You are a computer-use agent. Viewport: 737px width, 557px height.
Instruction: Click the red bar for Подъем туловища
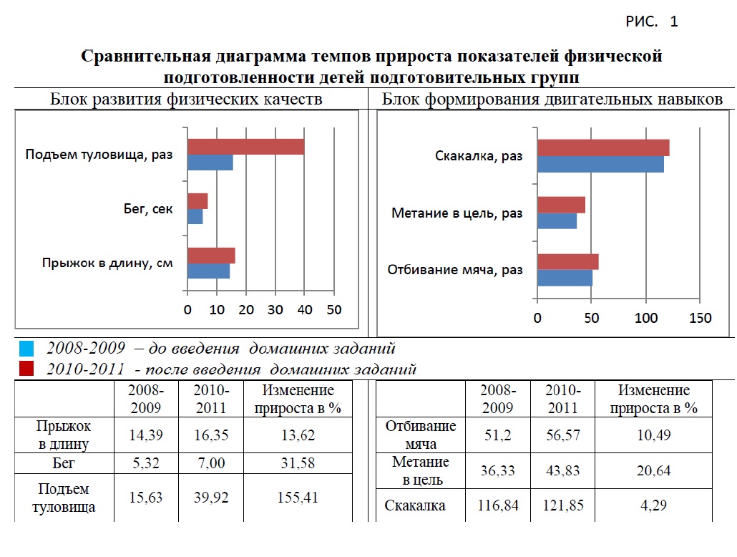tap(245, 147)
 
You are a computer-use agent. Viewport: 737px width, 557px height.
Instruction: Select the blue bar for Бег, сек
tap(195, 216)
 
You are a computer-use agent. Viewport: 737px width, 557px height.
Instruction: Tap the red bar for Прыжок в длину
tap(211, 256)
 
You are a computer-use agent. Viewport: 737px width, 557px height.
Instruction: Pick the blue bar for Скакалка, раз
tap(600, 164)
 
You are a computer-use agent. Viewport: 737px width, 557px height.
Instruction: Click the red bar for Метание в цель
tap(561, 205)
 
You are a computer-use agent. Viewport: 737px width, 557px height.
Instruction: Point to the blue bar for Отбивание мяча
tap(565, 278)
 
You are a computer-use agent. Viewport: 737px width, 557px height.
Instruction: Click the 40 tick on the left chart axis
tap(305, 310)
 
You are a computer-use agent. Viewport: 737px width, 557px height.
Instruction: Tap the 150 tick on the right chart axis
tap(700, 318)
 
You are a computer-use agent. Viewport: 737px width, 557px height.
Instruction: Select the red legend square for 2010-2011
tap(26, 369)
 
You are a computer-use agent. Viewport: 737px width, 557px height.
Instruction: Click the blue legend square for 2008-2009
tap(26, 349)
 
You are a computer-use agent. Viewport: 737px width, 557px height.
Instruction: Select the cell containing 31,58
tap(298, 463)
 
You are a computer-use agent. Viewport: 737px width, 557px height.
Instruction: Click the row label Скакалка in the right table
tap(415, 505)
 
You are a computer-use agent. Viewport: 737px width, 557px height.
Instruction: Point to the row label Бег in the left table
tap(64, 463)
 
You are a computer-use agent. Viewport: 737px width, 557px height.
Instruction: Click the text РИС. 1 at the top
tap(651, 21)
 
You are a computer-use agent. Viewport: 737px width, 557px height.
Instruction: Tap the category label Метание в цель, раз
tap(457, 213)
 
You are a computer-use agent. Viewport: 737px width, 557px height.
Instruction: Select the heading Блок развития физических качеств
tap(186, 100)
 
